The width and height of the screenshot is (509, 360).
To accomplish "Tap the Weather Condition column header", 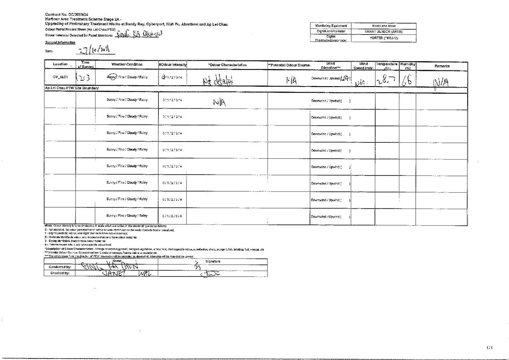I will (x=127, y=65).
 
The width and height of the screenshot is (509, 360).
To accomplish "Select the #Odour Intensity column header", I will (x=172, y=65).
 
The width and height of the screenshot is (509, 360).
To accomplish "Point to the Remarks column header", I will (x=441, y=66).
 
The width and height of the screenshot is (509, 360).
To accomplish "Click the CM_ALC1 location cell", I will (x=60, y=77).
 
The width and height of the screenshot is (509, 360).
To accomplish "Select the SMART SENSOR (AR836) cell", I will (x=383, y=32).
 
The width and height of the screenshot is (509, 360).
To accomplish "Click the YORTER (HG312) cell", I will (x=383, y=38).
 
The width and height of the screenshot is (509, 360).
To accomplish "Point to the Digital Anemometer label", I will (x=331, y=32).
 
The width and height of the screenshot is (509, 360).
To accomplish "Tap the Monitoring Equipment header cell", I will (x=331, y=26).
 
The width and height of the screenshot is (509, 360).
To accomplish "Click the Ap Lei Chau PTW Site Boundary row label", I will (x=71, y=88).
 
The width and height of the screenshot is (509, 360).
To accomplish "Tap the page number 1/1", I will (x=489, y=347).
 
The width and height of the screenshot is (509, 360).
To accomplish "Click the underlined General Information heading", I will (x=60, y=42).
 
